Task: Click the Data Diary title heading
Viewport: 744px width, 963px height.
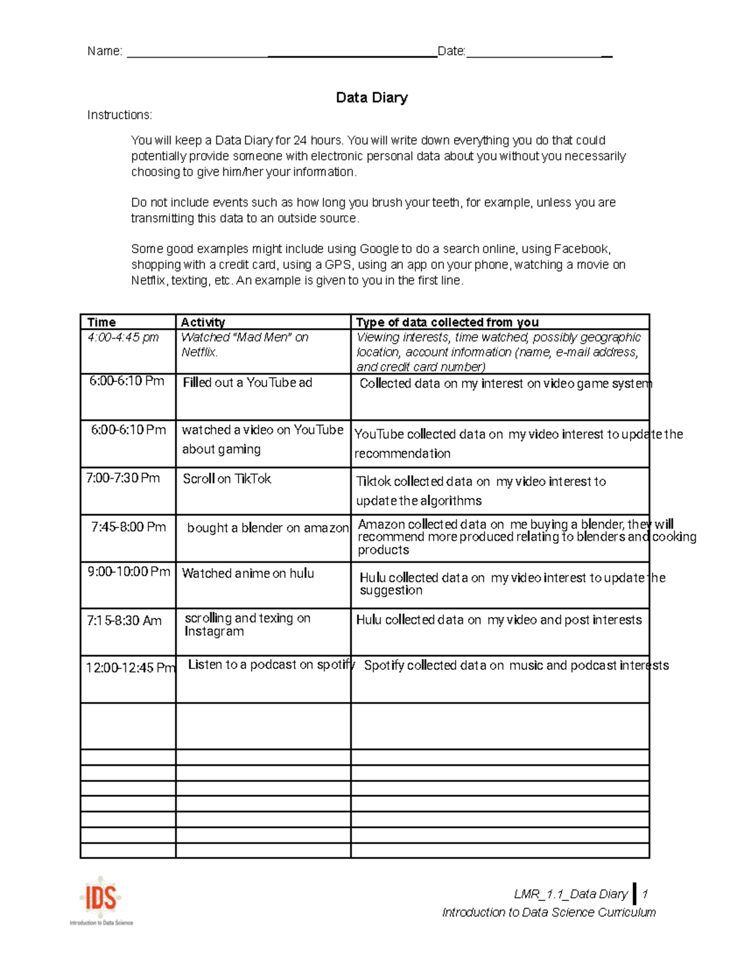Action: pos(371,97)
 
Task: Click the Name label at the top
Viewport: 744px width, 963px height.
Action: pos(104,51)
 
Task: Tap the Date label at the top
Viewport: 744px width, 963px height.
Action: pos(451,51)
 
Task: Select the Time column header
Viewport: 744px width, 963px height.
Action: pos(102,322)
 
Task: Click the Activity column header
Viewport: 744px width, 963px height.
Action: pos(202,322)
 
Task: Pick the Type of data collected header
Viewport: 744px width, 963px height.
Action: pos(447,322)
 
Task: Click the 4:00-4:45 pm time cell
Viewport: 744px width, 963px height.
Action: pos(123,337)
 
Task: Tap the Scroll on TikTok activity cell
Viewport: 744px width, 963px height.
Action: pos(227,479)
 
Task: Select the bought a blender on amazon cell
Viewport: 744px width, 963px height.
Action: pos(268,528)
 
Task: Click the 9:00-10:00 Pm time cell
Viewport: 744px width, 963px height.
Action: pos(128,572)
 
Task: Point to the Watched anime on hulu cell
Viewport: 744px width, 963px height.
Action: pos(248,574)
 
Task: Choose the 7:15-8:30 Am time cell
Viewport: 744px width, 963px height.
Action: pos(124,621)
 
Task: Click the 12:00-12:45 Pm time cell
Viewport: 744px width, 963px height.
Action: pos(130,668)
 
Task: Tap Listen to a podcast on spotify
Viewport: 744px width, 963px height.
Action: pos(271,665)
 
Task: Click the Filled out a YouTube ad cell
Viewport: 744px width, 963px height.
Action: pos(247,383)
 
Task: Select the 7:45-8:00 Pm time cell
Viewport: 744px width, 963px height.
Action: pos(128,527)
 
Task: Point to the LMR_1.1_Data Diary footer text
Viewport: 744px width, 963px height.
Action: pos(570,894)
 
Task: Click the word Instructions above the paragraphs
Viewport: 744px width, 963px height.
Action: pos(119,115)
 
